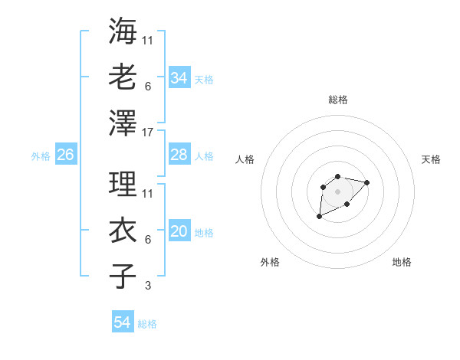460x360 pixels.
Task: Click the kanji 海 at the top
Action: click(x=123, y=32)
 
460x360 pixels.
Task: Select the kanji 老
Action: click(x=123, y=77)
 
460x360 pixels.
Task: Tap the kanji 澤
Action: click(x=123, y=122)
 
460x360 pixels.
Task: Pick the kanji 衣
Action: click(x=123, y=231)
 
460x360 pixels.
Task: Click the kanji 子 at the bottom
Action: click(x=123, y=276)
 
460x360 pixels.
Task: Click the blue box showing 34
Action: click(x=179, y=77)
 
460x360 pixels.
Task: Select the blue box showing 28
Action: click(x=179, y=155)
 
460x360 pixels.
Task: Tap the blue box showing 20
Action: click(x=179, y=231)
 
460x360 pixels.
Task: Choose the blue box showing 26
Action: click(x=65, y=155)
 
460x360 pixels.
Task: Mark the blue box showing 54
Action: click(x=122, y=322)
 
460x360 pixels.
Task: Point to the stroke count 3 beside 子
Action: click(x=148, y=286)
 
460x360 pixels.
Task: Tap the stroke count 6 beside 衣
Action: click(x=148, y=240)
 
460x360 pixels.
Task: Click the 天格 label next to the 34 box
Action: click(x=204, y=79)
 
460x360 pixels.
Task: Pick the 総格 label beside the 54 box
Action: click(x=147, y=324)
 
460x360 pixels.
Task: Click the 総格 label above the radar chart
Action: click(x=337, y=99)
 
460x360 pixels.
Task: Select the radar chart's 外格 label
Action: click(x=270, y=262)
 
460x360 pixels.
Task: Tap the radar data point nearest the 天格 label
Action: click(x=366, y=182)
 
